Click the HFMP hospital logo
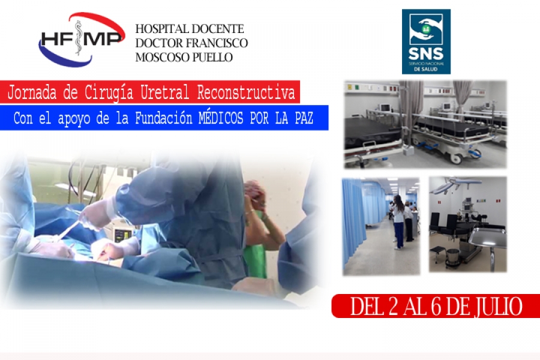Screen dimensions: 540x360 [82, 39]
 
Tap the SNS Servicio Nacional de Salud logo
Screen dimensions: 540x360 [426, 41]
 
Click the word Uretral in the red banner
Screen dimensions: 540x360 [164, 92]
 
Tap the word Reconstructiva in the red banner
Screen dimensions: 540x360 [246, 92]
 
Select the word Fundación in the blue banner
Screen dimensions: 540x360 [163, 118]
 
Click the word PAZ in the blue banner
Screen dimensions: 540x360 [304, 118]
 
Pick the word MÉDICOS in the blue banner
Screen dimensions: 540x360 [221, 118]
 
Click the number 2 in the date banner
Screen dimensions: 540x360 [393, 306]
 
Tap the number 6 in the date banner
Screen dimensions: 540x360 [436, 306]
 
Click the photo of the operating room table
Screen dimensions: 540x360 [467, 224]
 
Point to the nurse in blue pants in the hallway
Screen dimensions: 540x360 [398, 221]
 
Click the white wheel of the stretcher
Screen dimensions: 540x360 [458, 159]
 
